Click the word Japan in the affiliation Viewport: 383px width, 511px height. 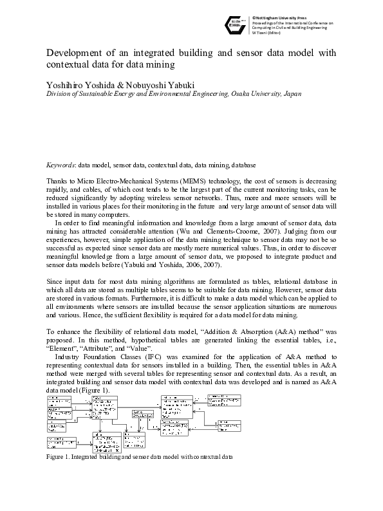[x=292, y=93]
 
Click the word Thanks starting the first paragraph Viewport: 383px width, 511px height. [x=57, y=183]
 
